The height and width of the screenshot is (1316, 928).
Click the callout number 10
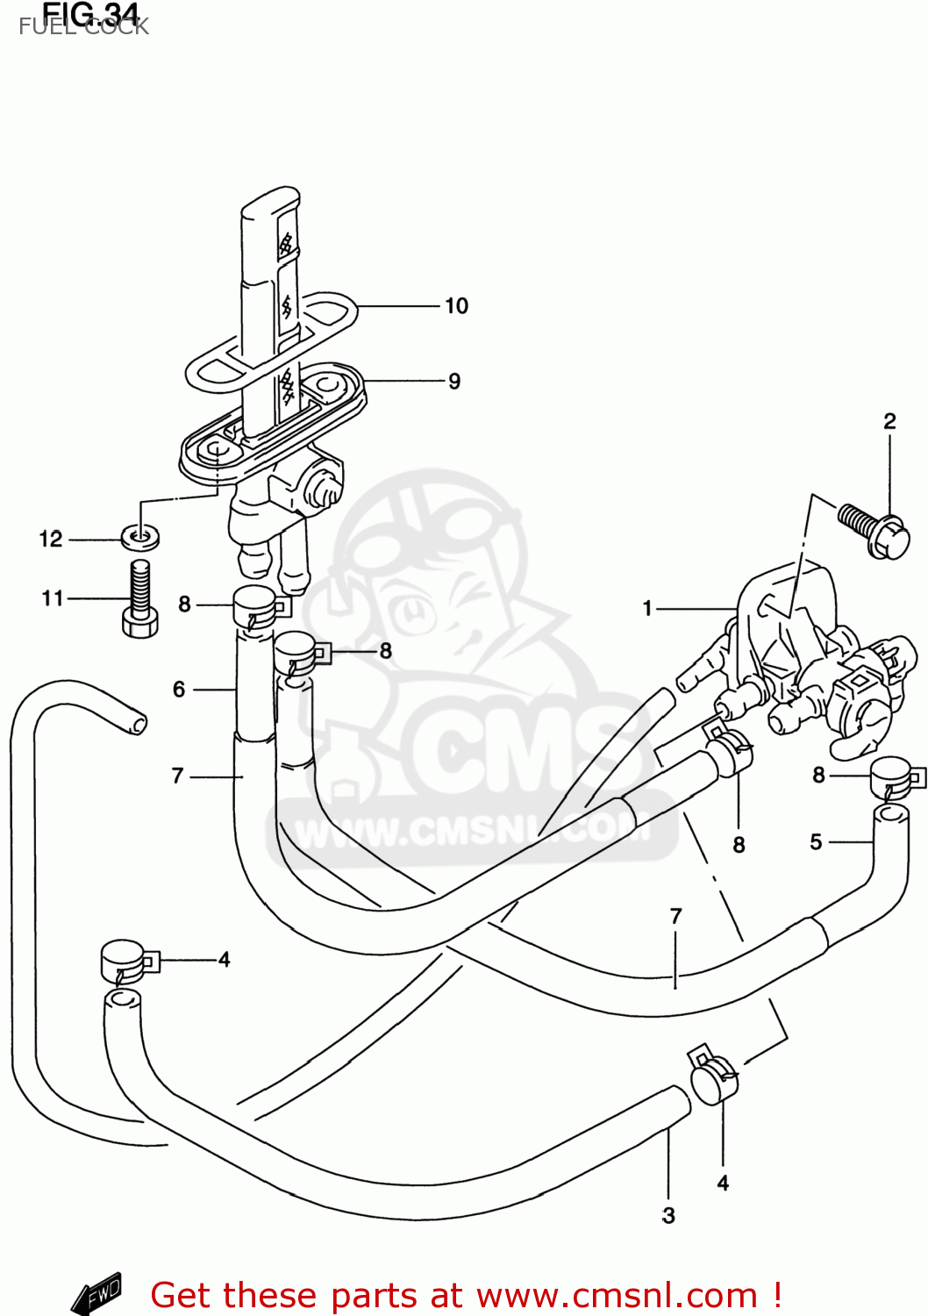click(x=456, y=306)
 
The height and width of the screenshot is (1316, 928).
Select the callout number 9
click(x=454, y=382)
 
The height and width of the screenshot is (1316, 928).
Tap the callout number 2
click(x=889, y=422)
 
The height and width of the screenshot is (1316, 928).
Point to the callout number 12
click(x=51, y=540)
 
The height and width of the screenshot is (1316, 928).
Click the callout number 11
click(x=53, y=598)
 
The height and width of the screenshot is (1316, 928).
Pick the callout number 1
click(x=647, y=608)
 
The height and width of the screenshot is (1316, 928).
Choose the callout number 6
click(x=179, y=690)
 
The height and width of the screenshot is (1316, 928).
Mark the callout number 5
click(x=816, y=842)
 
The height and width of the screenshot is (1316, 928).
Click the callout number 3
click(x=668, y=1216)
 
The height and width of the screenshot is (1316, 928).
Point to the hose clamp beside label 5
click(x=895, y=778)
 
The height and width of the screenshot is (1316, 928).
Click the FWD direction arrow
click(x=96, y=1293)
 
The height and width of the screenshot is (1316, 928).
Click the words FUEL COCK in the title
click(x=84, y=27)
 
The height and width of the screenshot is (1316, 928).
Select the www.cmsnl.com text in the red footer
click(x=617, y=1296)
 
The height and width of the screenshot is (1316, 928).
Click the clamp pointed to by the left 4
click(x=125, y=962)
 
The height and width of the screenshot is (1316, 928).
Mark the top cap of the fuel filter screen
click(x=269, y=202)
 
